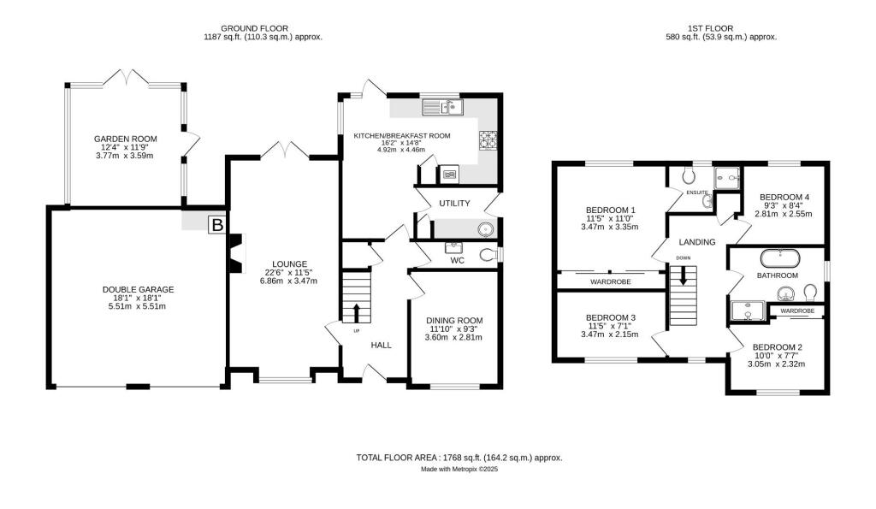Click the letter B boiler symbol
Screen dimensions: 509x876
tap(217, 226)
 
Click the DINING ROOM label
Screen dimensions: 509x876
tap(455, 319)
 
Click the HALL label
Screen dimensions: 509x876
tap(381, 346)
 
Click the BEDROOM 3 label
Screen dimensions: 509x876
tap(611, 317)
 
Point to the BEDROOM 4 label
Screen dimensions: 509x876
tap(784, 197)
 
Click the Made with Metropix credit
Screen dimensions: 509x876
tap(459, 470)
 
